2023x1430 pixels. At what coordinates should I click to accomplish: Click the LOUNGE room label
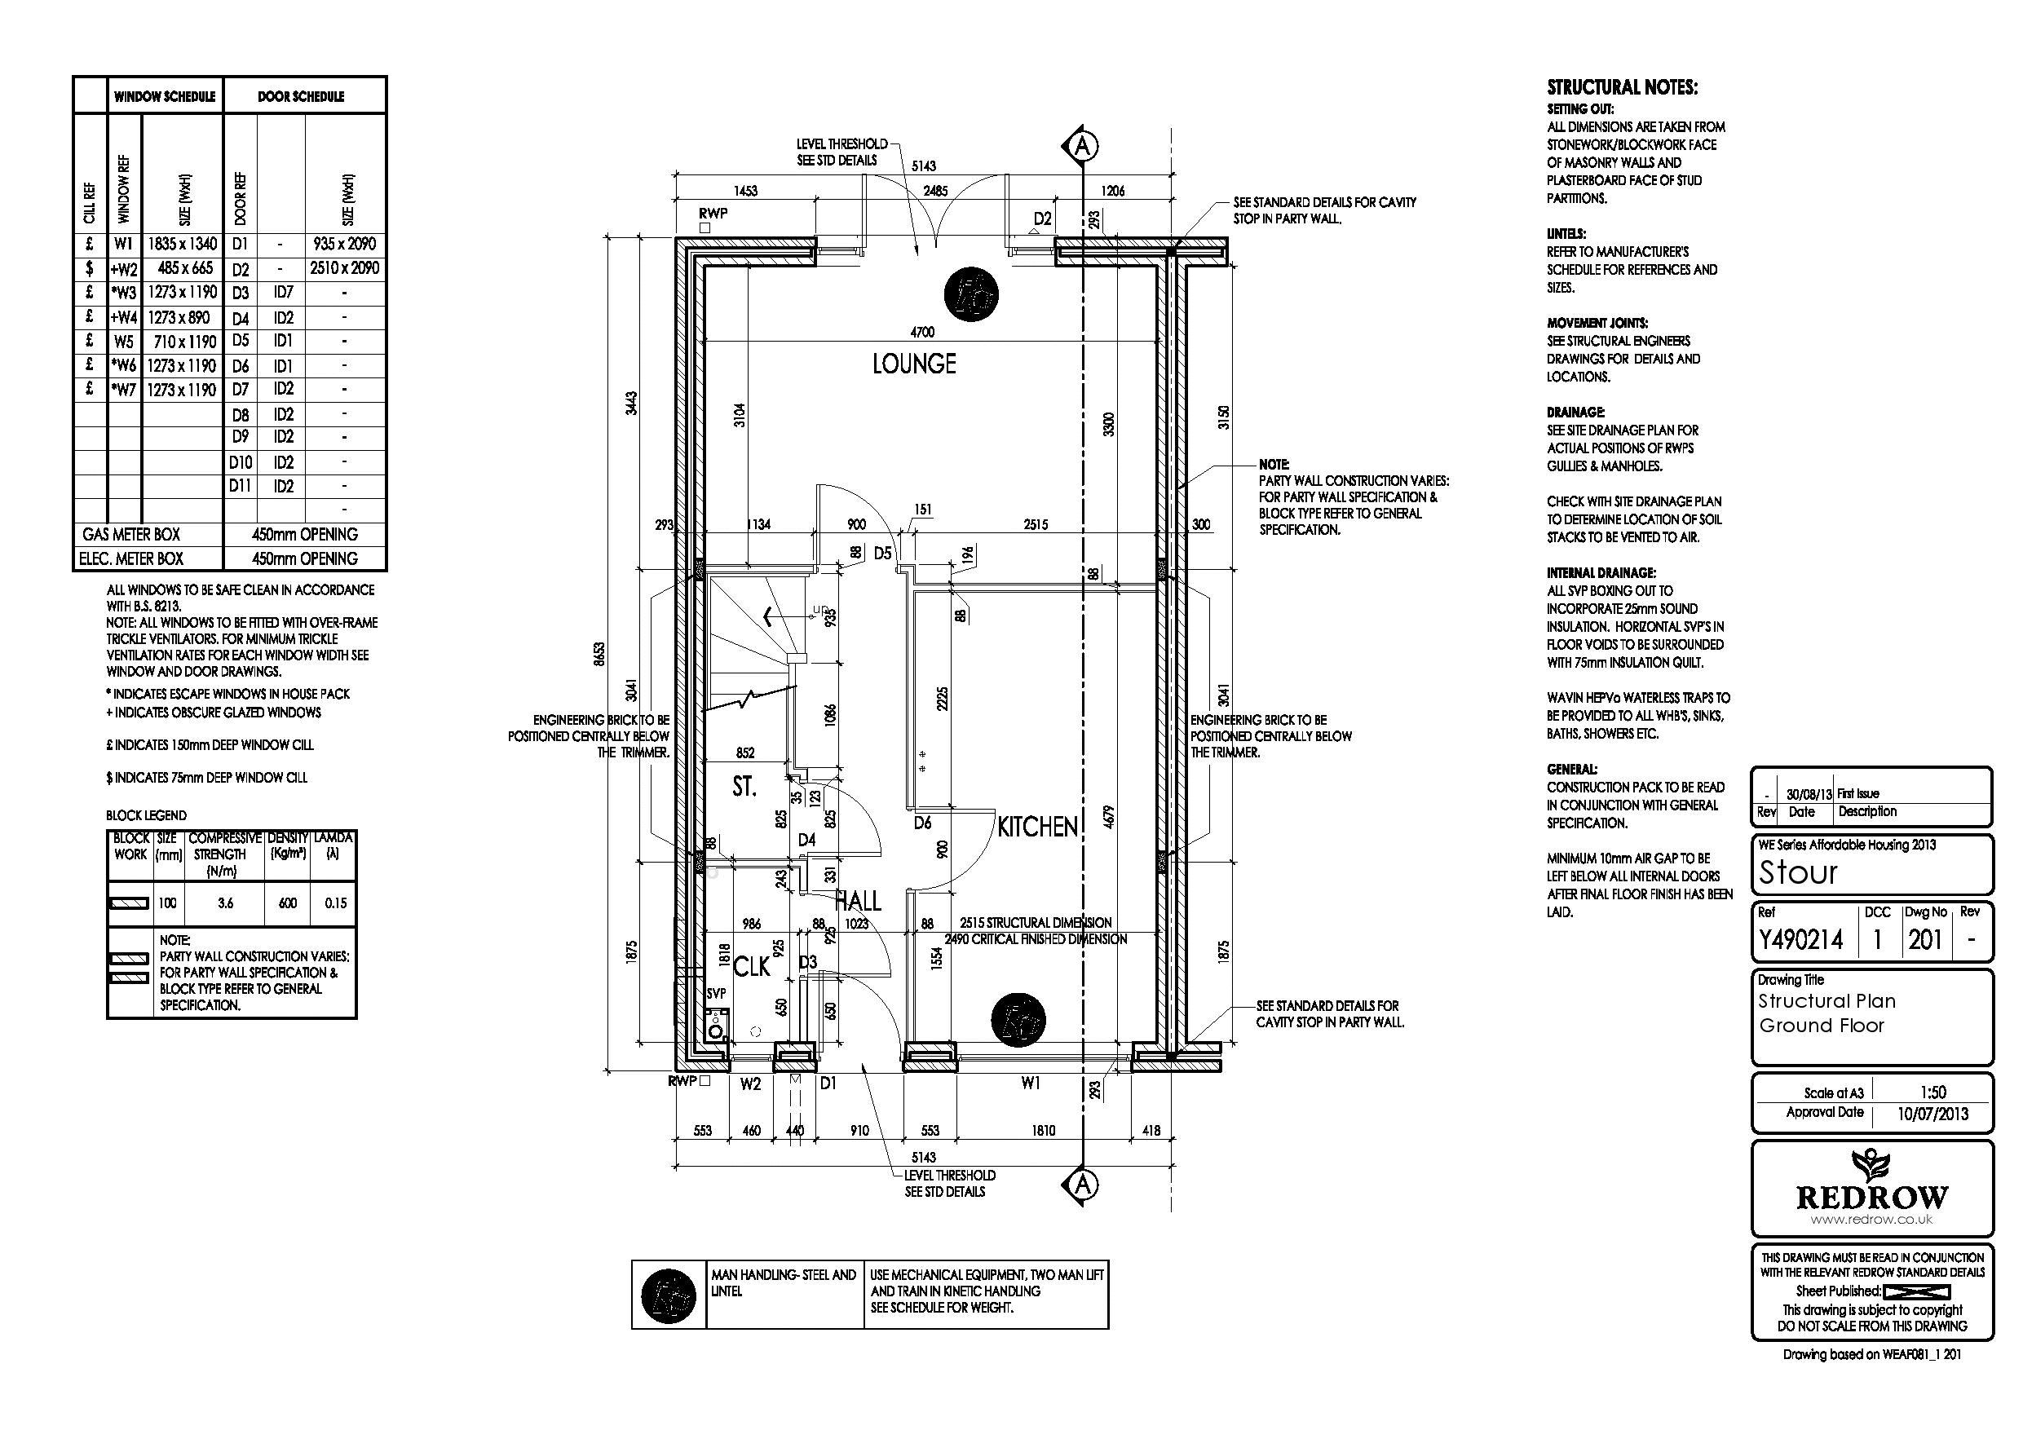tap(914, 364)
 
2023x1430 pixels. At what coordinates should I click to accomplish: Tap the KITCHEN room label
tap(1037, 827)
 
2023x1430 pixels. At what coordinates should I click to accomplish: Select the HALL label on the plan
tap(857, 900)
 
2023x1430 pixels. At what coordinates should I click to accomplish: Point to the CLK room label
tap(752, 967)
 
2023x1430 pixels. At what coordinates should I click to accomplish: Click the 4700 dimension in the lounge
tap(921, 332)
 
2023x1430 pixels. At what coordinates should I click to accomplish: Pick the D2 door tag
tap(1042, 218)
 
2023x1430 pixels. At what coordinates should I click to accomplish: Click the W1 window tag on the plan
tap(1030, 1084)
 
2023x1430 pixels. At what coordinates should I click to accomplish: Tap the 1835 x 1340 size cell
tap(182, 243)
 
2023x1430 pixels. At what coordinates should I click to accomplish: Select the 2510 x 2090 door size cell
tap(345, 268)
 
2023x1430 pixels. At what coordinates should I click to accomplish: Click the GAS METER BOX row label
tap(131, 534)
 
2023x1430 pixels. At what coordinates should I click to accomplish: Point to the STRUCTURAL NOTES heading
tap(1622, 87)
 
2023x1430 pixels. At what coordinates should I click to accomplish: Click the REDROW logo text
tap(1872, 1198)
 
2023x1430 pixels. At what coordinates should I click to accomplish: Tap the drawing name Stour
tap(1798, 872)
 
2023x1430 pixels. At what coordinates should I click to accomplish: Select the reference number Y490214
tap(1801, 940)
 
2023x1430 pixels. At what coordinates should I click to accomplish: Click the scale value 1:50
tap(1932, 1092)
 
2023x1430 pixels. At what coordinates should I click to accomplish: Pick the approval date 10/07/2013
tap(1932, 1114)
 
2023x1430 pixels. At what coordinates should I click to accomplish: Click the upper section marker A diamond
tap(1083, 145)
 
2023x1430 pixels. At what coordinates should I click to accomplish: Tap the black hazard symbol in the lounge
tap(971, 294)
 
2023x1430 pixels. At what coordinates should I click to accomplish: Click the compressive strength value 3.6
tap(226, 903)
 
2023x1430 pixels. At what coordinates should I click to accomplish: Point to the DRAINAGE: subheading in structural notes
tap(1575, 412)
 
